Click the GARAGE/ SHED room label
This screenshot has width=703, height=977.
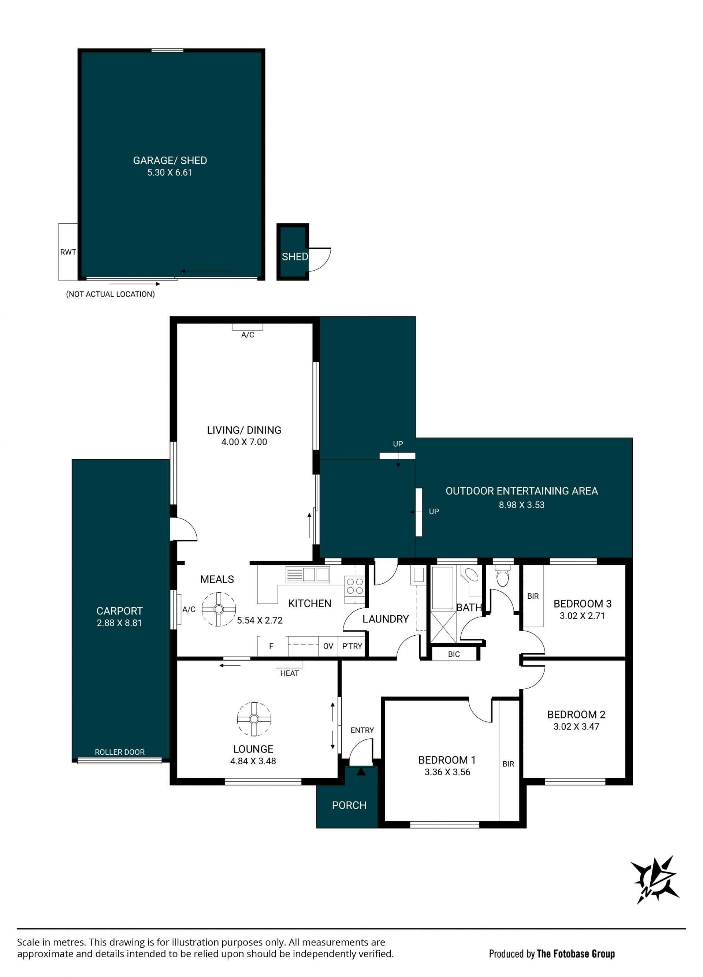click(170, 160)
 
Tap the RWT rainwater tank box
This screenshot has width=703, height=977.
click(68, 252)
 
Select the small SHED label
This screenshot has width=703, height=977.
click(295, 257)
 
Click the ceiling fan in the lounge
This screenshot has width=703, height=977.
click(254, 719)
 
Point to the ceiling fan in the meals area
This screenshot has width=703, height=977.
click(219, 609)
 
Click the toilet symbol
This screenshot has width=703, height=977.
click(503, 576)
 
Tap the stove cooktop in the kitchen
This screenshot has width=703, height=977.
click(354, 586)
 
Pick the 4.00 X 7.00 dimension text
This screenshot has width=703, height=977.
click(244, 442)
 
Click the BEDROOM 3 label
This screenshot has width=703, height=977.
click(583, 603)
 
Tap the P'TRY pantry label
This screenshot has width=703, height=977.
click(352, 646)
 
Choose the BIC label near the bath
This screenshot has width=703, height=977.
click(454, 654)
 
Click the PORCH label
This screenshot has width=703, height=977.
click(349, 805)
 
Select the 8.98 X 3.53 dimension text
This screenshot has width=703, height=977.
click(521, 505)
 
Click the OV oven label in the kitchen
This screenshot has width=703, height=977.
click(328, 646)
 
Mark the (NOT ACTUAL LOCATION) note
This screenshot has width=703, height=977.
click(110, 294)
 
